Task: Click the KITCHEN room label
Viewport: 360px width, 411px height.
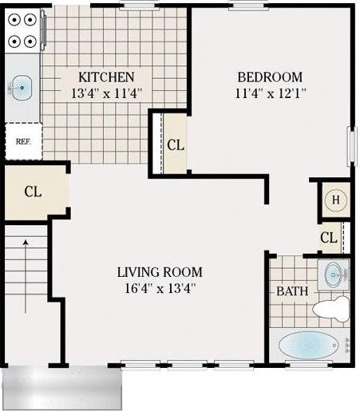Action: click(x=105, y=77)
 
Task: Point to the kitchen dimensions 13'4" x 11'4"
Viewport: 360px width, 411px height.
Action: click(x=105, y=93)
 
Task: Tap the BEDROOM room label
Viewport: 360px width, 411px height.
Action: click(x=270, y=77)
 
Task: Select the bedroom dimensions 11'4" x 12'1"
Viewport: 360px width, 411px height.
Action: click(x=270, y=93)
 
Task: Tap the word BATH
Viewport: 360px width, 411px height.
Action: click(x=292, y=291)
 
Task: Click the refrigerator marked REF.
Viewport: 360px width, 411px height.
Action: click(x=22, y=142)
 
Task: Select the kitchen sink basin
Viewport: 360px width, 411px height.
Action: click(x=22, y=85)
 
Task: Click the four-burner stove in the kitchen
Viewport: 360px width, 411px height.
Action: click(x=22, y=29)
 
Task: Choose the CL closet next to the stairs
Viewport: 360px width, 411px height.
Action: click(x=33, y=192)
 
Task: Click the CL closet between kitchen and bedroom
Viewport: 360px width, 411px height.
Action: click(x=176, y=144)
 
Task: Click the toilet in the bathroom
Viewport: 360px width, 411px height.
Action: click(x=332, y=307)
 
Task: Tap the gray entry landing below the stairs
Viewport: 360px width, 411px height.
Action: click(x=62, y=387)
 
